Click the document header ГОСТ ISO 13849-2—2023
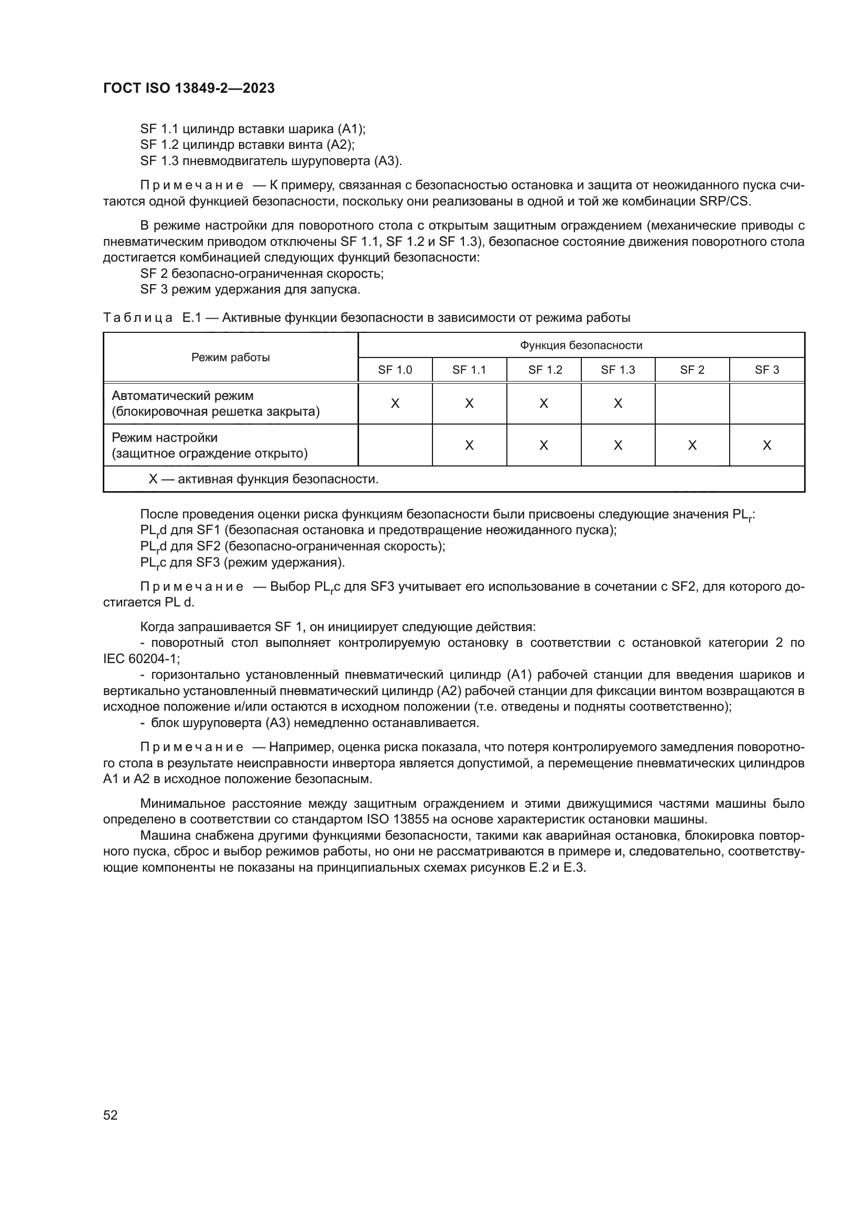189,88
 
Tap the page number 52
111,1115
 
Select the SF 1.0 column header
395,370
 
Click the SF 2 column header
692,370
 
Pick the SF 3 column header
767,370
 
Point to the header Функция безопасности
581,345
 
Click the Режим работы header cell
231,358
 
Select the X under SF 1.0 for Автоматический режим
395,404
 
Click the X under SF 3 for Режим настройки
767,446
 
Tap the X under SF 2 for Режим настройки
692,446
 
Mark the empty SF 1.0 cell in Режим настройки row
395,446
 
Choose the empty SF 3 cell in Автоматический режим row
767,404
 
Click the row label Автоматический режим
182,396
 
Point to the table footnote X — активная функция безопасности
264,479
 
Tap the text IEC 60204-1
141,659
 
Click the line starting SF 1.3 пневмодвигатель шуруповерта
270,161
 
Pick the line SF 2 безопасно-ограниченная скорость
262,274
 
